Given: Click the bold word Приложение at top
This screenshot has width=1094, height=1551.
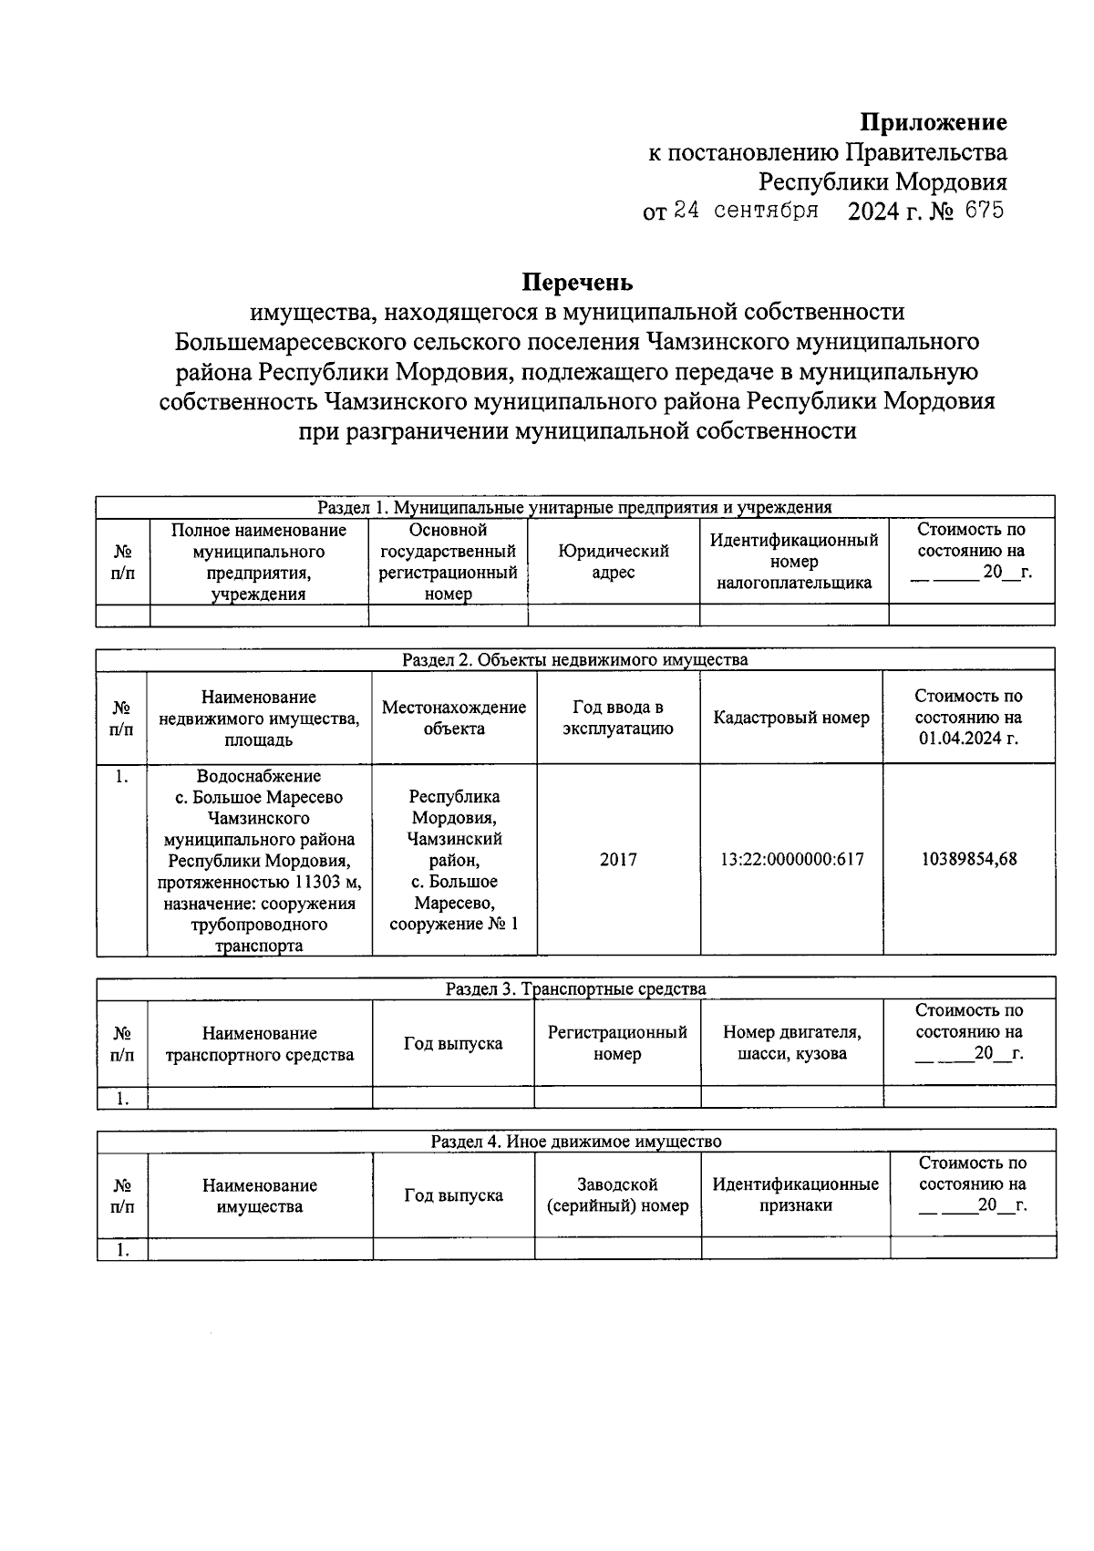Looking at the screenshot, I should pyautogui.click(x=934, y=122).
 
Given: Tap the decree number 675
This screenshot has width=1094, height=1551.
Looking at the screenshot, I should pyautogui.click(x=984, y=211).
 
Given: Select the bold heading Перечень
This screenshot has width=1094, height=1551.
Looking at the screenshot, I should pyautogui.click(x=577, y=282).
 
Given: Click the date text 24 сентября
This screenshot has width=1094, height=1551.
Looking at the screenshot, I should pyautogui.click(x=745, y=212).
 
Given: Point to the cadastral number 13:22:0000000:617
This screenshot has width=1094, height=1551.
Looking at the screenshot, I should pyautogui.click(x=791, y=859).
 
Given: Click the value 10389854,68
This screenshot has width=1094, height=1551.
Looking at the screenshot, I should pyautogui.click(x=969, y=859).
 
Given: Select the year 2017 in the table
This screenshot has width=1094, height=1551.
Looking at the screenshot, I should pyautogui.click(x=618, y=859).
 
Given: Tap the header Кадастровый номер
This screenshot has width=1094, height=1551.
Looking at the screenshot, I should pyautogui.click(x=791, y=718).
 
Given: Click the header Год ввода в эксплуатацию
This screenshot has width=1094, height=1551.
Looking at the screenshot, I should pyautogui.click(x=618, y=718).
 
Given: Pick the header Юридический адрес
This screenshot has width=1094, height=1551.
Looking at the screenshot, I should pyautogui.click(x=614, y=562).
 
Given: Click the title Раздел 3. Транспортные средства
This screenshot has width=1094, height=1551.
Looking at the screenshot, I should pyautogui.click(x=575, y=988).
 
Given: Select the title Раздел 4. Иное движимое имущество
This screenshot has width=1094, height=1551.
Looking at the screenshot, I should pyautogui.click(x=576, y=1141).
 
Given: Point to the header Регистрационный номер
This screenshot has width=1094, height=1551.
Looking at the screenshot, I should pyautogui.click(x=617, y=1043).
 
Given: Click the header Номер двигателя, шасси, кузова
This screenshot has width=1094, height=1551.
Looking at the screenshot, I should pyautogui.click(x=791, y=1043).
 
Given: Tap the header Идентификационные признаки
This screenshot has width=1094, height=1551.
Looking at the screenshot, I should pyautogui.click(x=795, y=1194).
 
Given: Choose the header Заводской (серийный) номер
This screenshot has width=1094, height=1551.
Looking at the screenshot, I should pyautogui.click(x=617, y=1194).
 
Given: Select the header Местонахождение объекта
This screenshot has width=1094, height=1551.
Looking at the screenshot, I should pyautogui.click(x=454, y=718).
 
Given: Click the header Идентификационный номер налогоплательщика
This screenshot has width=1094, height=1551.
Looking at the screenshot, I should pyautogui.click(x=794, y=562).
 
